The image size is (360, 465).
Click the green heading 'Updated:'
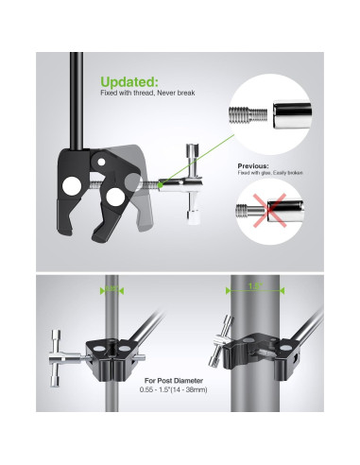[x=129, y=81]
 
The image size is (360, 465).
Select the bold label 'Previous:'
[x=254, y=164]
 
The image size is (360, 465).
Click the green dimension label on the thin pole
[x=111, y=288]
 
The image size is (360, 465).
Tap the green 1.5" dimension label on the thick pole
[x=252, y=286]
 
